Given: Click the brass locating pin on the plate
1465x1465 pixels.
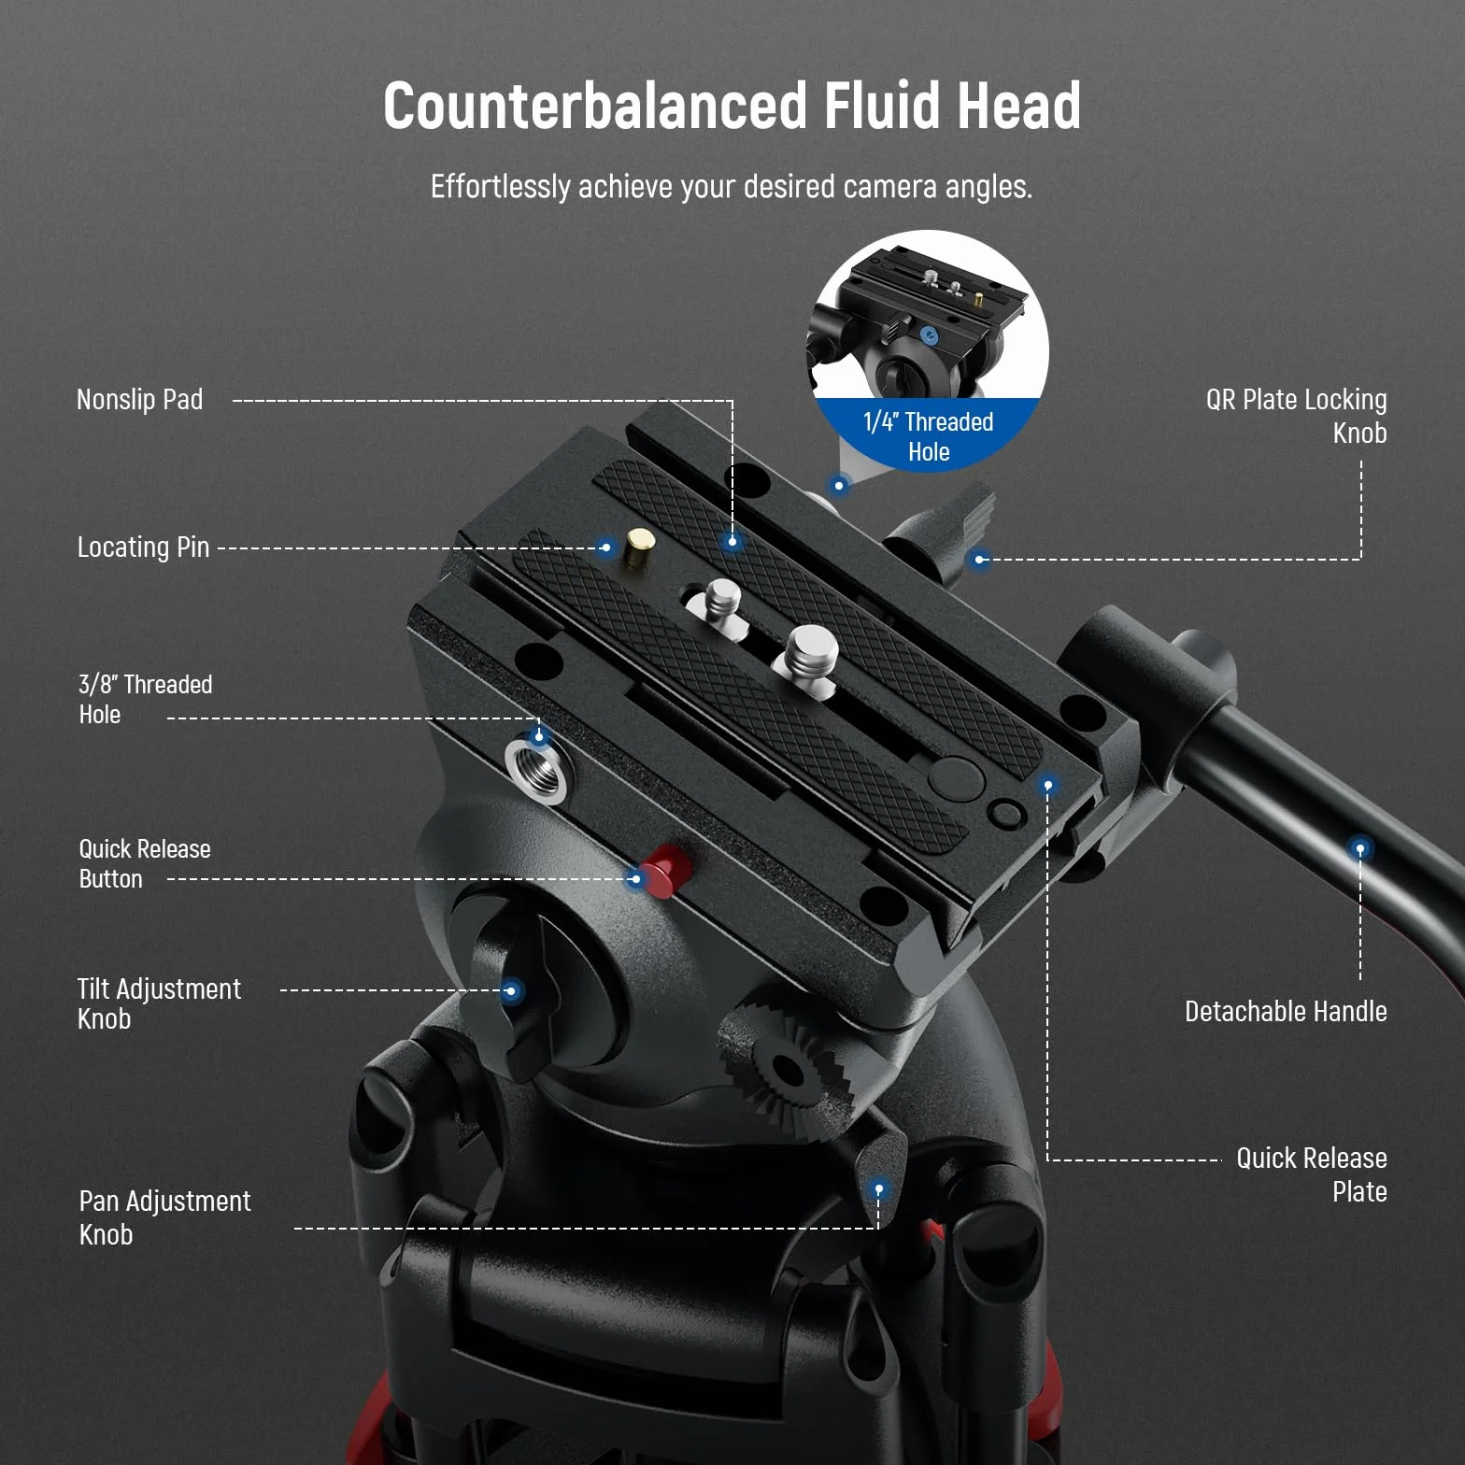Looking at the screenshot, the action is [x=640, y=547].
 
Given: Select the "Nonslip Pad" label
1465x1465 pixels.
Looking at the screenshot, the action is [x=140, y=400].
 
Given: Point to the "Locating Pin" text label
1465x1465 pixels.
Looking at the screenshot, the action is [x=143, y=547].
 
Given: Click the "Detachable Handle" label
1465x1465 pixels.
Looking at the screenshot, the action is [x=1286, y=1011].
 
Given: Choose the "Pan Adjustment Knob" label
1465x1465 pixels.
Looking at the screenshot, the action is [x=164, y=1217].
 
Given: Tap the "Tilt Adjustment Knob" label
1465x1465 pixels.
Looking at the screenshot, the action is [x=159, y=1003].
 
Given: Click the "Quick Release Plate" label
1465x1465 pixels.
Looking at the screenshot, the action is [x=1312, y=1174].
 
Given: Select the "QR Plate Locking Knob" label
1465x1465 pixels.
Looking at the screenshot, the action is [x=1297, y=416].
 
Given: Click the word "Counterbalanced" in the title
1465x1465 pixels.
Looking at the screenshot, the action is [x=595, y=105].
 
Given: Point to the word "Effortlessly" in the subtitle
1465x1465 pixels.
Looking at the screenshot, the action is [x=500, y=187].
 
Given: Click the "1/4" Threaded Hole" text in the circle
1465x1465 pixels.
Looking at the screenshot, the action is [x=929, y=436].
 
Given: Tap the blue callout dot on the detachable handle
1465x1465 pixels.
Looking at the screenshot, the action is [x=1360, y=848].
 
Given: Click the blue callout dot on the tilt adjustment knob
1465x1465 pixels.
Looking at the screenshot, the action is [x=511, y=990].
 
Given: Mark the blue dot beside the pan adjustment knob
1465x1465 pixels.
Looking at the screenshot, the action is [x=878, y=1189].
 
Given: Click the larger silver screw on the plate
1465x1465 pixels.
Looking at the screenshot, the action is [x=811, y=656].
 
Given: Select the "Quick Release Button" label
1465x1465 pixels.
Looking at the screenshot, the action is [x=145, y=863].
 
